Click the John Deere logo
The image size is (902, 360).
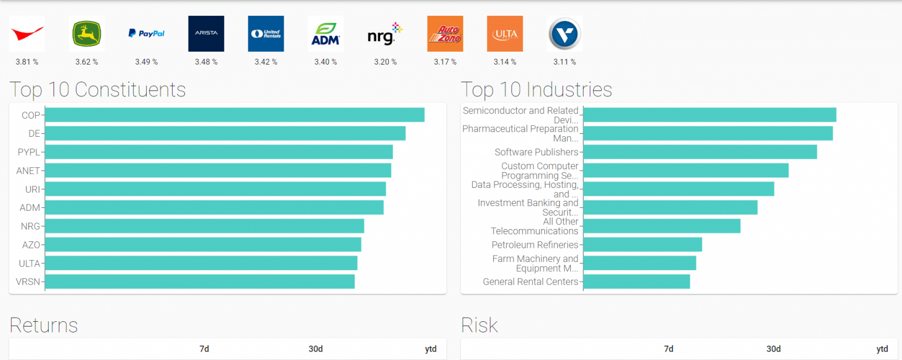[87, 34]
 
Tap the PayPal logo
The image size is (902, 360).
[146, 34]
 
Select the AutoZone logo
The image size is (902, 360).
[445, 34]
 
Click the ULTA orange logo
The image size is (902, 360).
[504, 34]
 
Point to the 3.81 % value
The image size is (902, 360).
[27, 62]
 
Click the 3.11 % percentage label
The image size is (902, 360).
[564, 62]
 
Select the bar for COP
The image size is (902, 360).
[234, 115]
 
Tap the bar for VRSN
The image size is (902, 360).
[200, 282]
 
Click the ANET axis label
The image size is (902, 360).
[28, 171]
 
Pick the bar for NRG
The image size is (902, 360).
[204, 226]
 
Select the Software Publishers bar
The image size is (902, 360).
[700, 152]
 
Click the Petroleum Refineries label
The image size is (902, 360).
[535, 245]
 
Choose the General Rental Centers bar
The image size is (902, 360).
[637, 282]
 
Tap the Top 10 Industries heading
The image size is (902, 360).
[536, 90]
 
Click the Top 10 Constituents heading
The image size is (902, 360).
[97, 90]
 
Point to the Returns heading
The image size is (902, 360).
[43, 325]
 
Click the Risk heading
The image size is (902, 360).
[479, 325]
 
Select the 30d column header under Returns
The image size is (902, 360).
[315, 349]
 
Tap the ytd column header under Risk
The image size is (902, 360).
[882, 349]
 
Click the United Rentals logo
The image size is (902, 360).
[266, 34]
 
